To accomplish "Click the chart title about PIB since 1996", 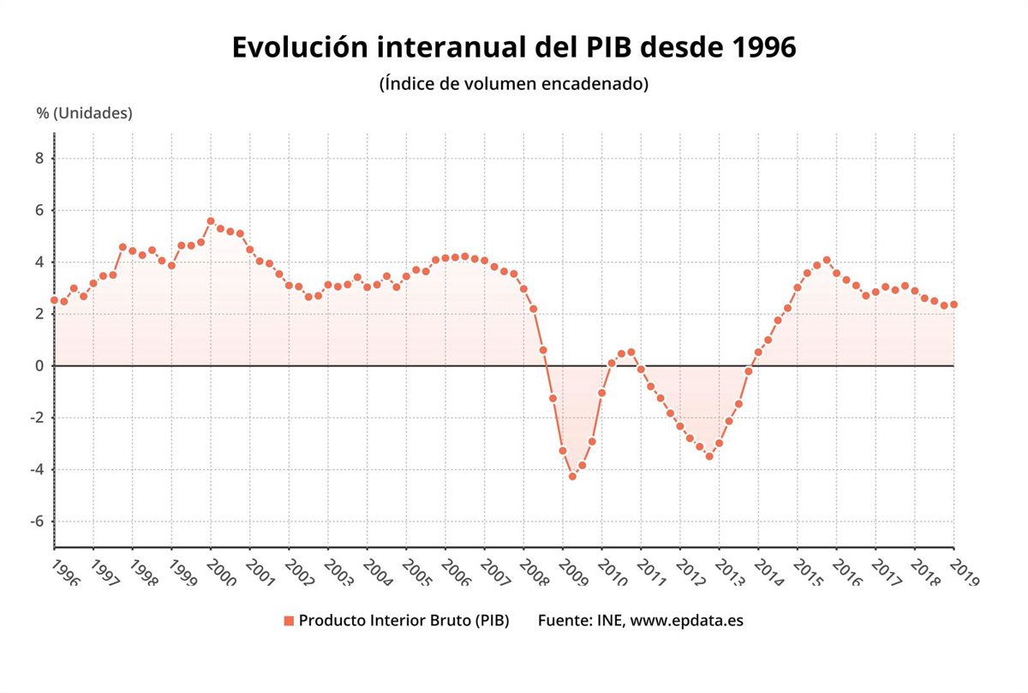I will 514,48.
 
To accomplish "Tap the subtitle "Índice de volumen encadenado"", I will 514,84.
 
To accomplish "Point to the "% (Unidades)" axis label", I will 84,113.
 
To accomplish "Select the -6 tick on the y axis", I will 36,521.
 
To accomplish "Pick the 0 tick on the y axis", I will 39,366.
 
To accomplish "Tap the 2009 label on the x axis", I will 573,572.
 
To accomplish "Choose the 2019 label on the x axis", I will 964,572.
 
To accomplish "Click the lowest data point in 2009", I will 572,476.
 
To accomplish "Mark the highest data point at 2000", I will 211,221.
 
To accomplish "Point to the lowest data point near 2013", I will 709,456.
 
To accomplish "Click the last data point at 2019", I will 953,304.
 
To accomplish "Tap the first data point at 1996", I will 54,300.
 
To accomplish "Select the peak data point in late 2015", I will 827,260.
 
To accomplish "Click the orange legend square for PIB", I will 289,621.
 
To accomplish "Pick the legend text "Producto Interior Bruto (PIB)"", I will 404,621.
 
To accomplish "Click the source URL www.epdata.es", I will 687,621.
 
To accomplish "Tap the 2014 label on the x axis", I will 768,572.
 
